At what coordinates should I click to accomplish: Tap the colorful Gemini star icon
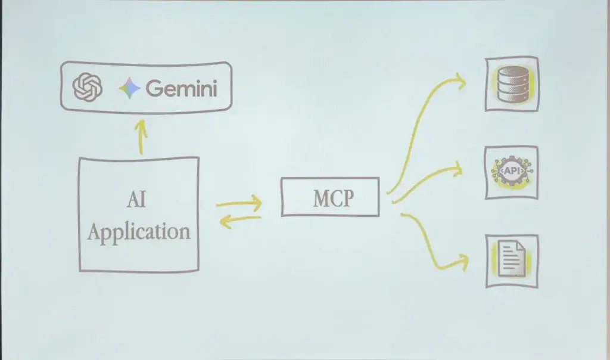click(129, 89)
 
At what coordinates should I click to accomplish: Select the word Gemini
click(181, 89)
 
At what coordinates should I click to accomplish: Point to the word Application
click(138, 231)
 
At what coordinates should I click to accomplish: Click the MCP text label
click(332, 198)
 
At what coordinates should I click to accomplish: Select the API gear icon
click(512, 172)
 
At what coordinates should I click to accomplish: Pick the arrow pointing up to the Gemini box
click(140, 137)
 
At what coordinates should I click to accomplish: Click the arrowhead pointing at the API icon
click(458, 169)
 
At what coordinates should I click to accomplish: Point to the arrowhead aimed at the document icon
click(462, 260)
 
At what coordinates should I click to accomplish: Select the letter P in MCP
click(347, 198)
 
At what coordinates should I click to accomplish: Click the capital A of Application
click(95, 231)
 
